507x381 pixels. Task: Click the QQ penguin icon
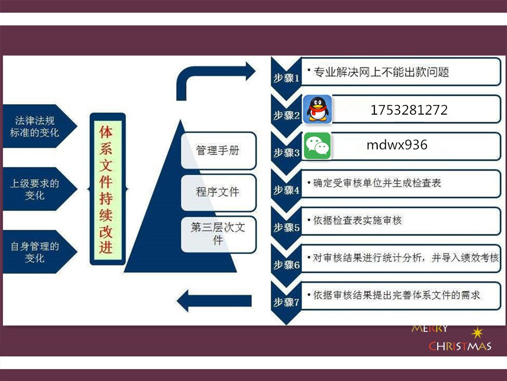coord(317,109)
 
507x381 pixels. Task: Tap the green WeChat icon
coord(317,146)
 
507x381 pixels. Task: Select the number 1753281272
coord(409,110)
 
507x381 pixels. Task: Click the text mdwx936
coord(397,145)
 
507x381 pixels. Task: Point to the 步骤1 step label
coord(287,78)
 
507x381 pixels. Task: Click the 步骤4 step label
coord(287,190)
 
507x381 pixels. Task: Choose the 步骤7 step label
coord(287,302)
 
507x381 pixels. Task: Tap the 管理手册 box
coord(218,150)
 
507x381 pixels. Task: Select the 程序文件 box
coord(218,192)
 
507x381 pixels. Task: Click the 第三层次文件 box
coord(218,234)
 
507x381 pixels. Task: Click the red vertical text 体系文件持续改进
coord(106,190)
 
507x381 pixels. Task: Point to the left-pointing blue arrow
coord(214,301)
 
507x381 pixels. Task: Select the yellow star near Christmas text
coord(477,333)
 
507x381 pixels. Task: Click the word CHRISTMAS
coord(460,346)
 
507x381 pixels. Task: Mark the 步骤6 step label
coord(287,265)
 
